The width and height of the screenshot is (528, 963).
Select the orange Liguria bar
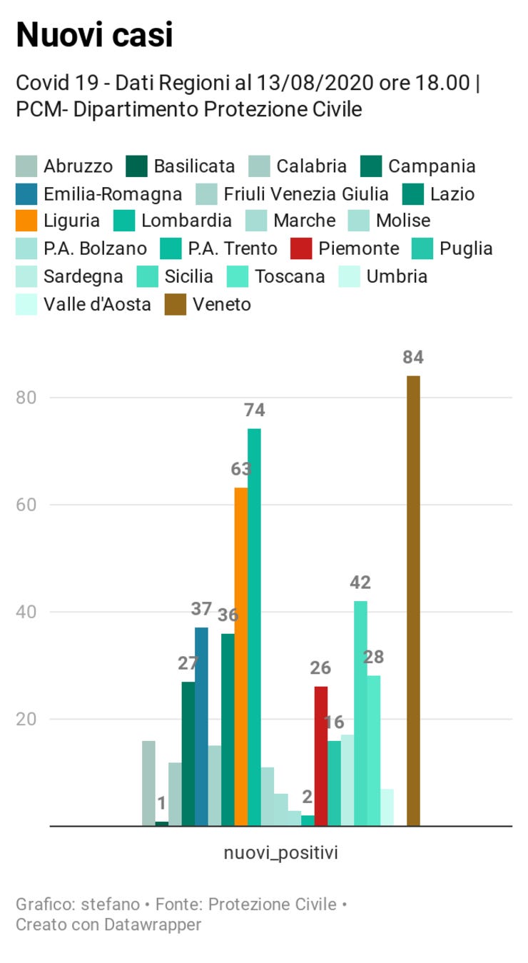pos(241,657)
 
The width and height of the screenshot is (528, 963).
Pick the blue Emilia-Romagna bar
pos(201,726)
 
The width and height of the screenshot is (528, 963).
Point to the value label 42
pos(360,583)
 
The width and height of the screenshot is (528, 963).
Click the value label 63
pos(241,470)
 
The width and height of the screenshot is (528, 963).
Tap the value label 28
pos(374,657)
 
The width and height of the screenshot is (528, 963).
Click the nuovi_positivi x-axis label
pos(280,852)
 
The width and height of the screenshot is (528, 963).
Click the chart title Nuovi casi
pos(94,34)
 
